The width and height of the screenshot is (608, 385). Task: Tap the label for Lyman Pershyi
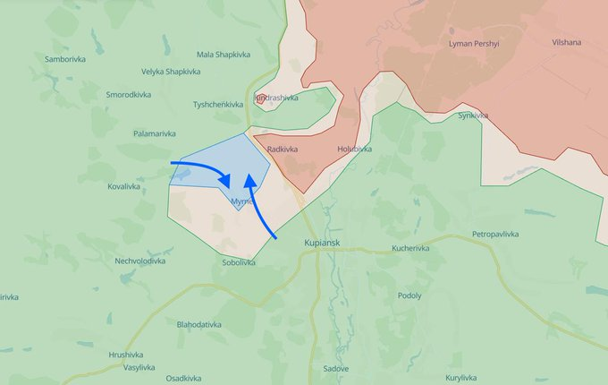pyautogui.click(x=474, y=43)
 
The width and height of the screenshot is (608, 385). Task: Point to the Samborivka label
pyautogui.click(x=65, y=59)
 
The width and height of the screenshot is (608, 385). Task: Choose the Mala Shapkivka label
pyautogui.click(x=223, y=55)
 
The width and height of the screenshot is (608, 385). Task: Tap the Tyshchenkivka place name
pyautogui.click(x=218, y=105)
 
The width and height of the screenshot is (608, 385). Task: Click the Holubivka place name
pyautogui.click(x=355, y=149)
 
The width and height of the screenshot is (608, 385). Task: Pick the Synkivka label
pyautogui.click(x=473, y=115)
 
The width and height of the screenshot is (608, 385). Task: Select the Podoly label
pyautogui.click(x=411, y=295)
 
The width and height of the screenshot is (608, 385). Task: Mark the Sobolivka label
pyautogui.click(x=240, y=262)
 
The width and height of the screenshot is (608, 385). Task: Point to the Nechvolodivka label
pyautogui.click(x=139, y=261)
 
